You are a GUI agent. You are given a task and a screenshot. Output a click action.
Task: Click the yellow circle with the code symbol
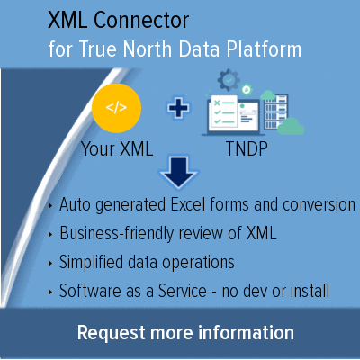click(x=116, y=108)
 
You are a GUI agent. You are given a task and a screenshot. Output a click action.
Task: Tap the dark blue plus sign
click(x=178, y=108)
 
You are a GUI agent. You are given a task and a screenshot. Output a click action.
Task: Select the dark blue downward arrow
click(x=178, y=172)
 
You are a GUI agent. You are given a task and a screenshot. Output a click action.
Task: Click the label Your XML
click(x=117, y=148)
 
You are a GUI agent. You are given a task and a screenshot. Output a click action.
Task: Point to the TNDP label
click(x=247, y=148)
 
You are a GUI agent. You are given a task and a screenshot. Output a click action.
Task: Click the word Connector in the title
click(x=141, y=20)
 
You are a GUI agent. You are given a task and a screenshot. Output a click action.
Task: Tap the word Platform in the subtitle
click(x=264, y=49)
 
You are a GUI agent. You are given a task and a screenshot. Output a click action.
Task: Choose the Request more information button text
click(x=185, y=333)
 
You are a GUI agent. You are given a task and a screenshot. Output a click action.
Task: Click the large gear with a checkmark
click(x=229, y=80)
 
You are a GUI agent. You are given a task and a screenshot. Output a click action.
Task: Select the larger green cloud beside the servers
click(x=291, y=126)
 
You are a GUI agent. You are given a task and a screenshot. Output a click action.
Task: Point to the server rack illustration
click(x=275, y=112)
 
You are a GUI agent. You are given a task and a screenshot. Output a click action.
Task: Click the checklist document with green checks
click(x=223, y=112)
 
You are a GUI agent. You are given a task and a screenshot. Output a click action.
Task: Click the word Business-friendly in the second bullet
click(x=117, y=234)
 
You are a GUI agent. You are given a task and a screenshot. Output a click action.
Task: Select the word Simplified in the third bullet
click(x=91, y=263)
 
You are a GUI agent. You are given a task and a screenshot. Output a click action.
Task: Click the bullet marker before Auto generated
click(x=50, y=205)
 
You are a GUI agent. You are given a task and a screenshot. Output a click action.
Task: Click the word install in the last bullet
click(x=310, y=291)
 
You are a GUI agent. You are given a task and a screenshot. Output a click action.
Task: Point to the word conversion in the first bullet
click(x=319, y=205)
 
